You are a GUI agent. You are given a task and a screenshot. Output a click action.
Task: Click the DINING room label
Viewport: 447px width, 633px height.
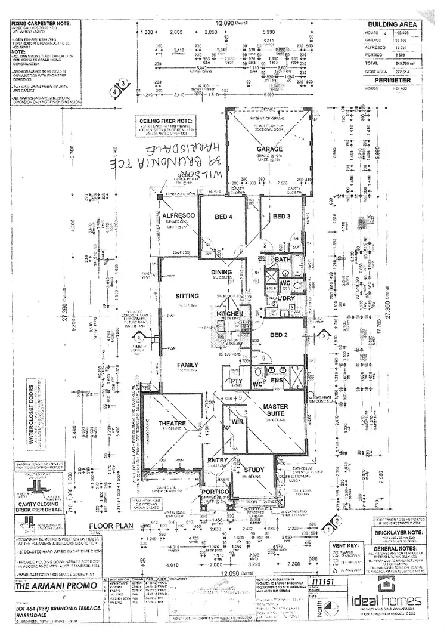click(x=221, y=272)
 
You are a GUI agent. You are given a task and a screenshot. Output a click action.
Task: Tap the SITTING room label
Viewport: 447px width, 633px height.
click(x=187, y=296)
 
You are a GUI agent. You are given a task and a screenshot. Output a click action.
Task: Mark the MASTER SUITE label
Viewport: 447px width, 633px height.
click(x=275, y=410)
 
